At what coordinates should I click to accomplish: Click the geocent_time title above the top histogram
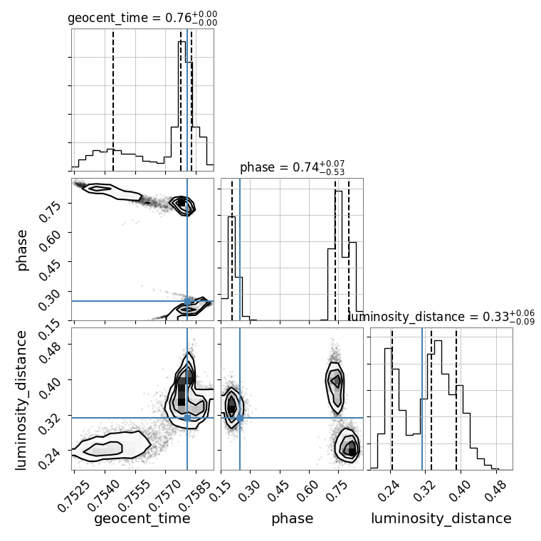142,18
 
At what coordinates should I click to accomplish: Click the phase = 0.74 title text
293,168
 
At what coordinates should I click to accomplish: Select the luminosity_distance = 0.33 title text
441,317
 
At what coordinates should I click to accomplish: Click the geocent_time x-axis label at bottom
142,519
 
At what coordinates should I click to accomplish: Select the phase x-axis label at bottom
293,519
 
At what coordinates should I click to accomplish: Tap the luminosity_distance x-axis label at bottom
441,519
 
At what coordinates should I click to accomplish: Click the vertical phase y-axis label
21,250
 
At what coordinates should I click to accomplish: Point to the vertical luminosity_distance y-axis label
21,400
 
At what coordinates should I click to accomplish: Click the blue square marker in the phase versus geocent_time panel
187,301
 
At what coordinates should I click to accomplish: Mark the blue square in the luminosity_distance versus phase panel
240,418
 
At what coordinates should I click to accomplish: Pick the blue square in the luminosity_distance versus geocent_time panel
187,418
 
